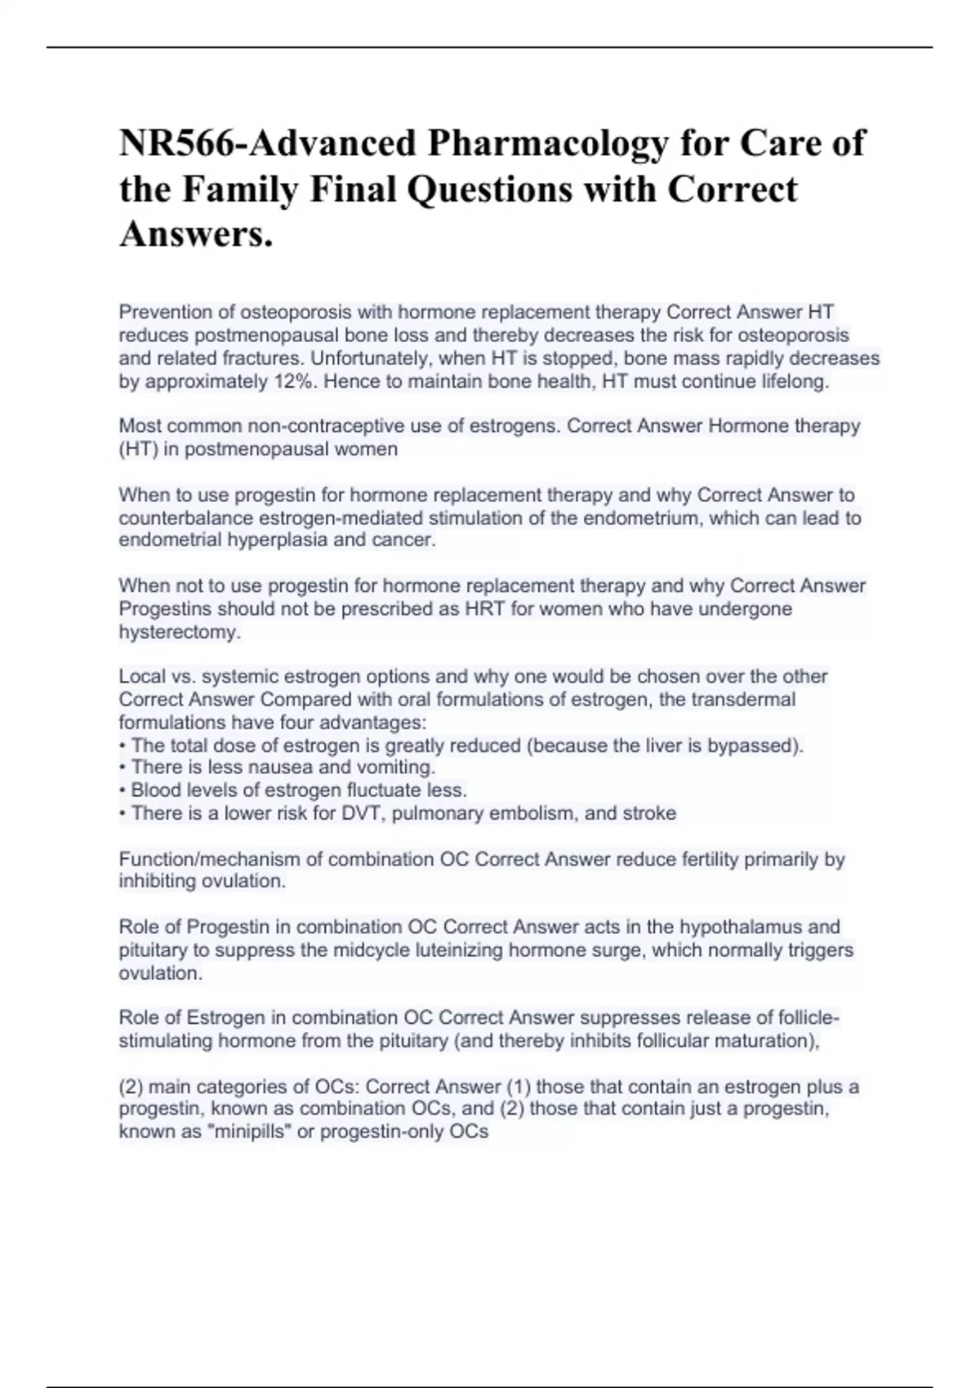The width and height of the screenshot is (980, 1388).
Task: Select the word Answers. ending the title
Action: pyautogui.click(x=196, y=234)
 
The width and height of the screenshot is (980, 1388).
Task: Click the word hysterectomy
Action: pyautogui.click(x=180, y=632)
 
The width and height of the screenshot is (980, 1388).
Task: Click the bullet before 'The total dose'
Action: pyautogui.click(x=122, y=745)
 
